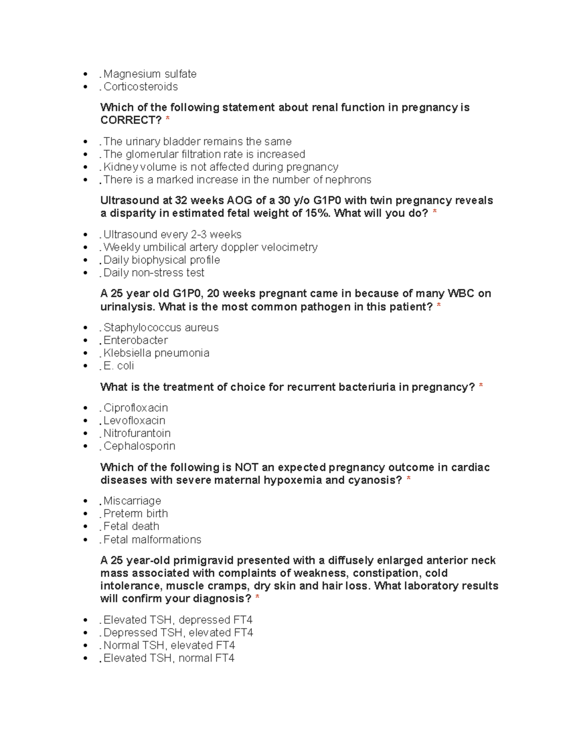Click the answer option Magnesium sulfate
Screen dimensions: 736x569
click(150, 74)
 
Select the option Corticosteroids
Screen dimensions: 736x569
click(140, 87)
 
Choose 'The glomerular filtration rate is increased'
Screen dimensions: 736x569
click(204, 154)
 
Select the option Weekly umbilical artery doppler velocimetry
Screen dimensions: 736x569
click(210, 247)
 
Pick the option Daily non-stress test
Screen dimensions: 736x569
click(154, 273)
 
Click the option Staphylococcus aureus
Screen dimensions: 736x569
click(161, 328)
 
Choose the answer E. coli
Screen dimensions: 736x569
click(119, 366)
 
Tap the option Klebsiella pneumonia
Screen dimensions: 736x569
click(156, 353)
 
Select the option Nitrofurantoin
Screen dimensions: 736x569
click(137, 433)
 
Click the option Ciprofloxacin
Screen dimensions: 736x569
click(136, 408)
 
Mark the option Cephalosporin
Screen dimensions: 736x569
click(139, 446)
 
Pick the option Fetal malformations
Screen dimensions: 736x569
click(152, 540)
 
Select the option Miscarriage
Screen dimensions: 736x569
click(132, 501)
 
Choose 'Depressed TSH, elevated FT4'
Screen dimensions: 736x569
click(178, 633)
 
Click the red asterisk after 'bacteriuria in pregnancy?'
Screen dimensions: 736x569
click(481, 387)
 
